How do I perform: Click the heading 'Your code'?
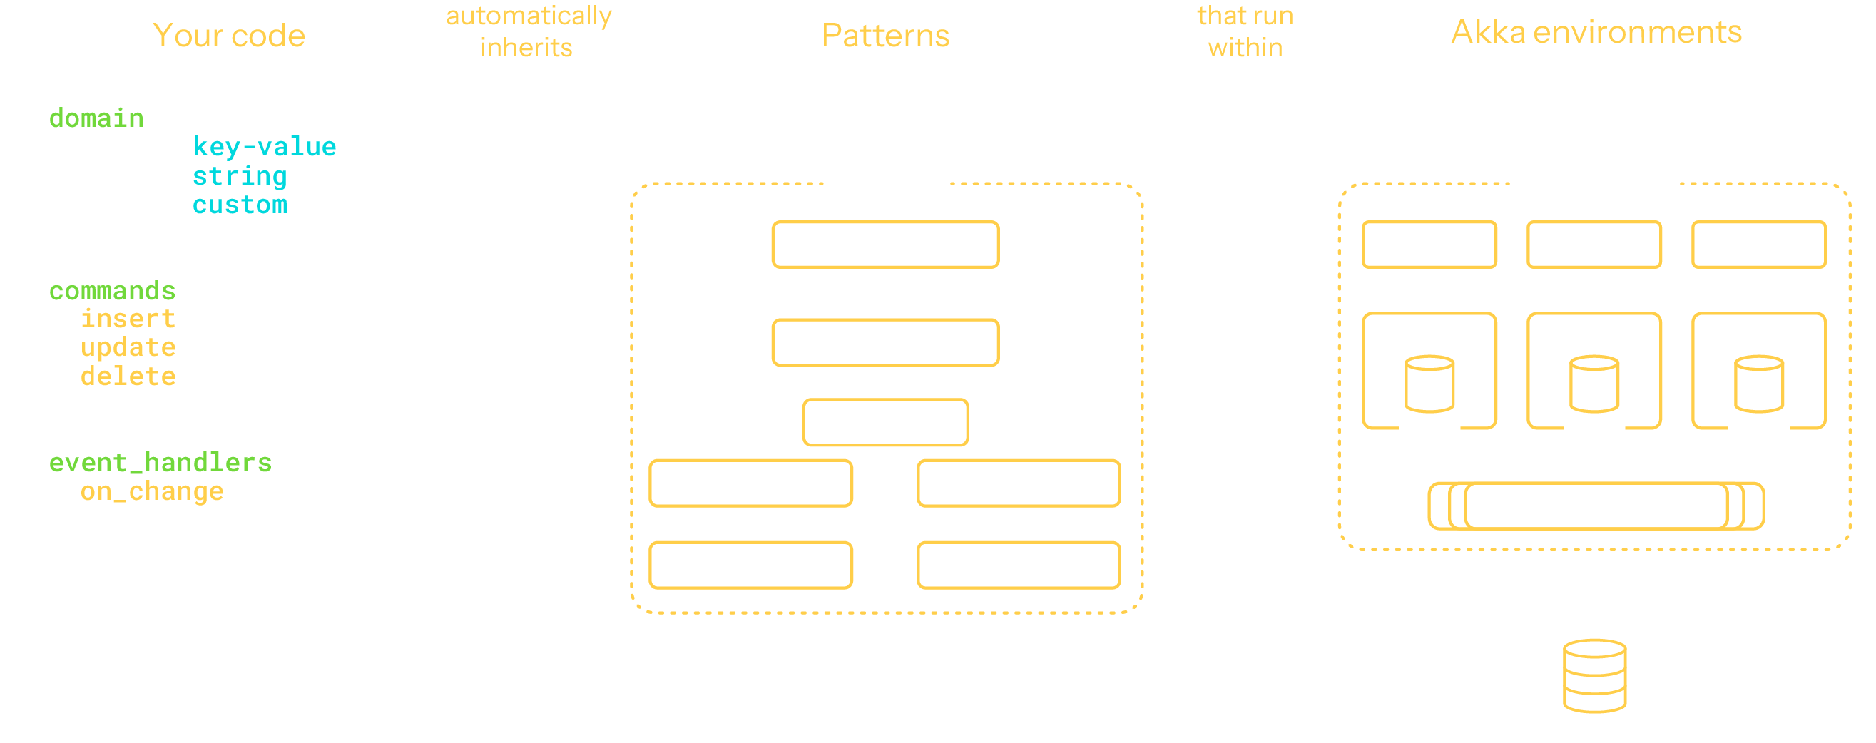coord(229,36)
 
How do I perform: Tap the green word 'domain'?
coord(96,118)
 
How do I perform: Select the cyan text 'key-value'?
coord(264,147)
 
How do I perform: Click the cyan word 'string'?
coord(240,176)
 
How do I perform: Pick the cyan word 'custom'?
coord(240,205)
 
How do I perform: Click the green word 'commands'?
coord(112,291)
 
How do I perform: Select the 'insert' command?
coord(128,319)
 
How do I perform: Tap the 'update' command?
coord(128,348)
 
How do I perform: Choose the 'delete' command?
coord(128,377)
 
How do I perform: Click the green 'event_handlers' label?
coord(160,463)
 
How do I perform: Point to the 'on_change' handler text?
coord(151,492)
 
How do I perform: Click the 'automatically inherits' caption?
coord(529,31)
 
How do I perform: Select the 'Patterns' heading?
coord(885,36)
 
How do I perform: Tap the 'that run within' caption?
coord(1245,31)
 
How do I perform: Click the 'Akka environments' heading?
coord(1596,32)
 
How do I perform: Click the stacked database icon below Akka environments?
coord(1594,676)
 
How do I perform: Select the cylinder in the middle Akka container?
coord(1594,384)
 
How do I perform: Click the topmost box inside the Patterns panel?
coord(885,245)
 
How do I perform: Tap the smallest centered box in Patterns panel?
coord(885,422)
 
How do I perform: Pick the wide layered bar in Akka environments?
coord(1596,506)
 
